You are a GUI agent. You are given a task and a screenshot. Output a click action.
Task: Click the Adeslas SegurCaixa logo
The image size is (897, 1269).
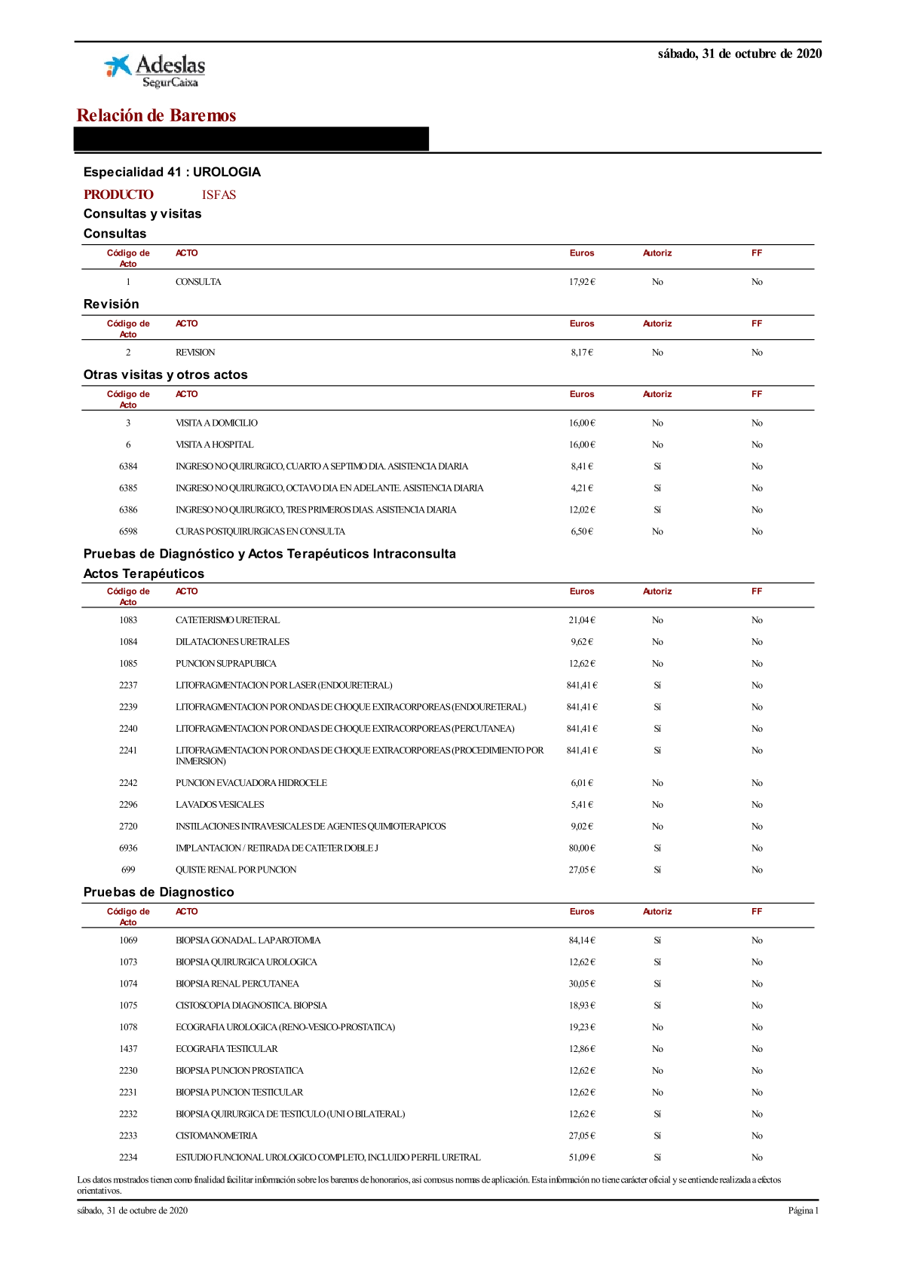(x=155, y=71)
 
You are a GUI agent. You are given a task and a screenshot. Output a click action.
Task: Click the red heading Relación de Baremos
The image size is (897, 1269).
(x=156, y=115)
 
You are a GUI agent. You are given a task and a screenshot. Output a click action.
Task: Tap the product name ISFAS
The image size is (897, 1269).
(x=219, y=194)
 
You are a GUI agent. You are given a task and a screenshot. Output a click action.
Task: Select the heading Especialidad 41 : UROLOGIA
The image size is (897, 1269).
(x=172, y=172)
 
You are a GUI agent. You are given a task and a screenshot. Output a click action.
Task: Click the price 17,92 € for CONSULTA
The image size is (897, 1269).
(x=582, y=282)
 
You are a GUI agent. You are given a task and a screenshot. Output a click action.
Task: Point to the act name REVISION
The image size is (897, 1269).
(x=195, y=352)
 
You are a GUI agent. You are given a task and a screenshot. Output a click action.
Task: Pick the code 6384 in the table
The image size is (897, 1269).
(x=128, y=466)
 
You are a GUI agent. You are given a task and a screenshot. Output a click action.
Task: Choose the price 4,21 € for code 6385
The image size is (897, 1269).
(x=582, y=488)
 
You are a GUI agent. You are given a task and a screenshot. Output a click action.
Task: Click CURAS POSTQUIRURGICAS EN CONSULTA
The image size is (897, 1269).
(x=260, y=531)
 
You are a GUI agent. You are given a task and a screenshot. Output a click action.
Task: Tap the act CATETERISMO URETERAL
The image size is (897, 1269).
(x=228, y=620)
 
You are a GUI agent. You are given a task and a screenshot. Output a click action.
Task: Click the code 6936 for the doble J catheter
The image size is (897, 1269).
(x=128, y=848)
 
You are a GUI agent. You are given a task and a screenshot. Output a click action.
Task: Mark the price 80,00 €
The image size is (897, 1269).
(x=582, y=848)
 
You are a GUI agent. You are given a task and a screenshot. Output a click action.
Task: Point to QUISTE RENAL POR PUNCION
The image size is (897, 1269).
(x=236, y=870)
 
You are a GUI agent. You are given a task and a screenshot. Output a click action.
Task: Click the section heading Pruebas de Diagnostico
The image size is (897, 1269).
(x=158, y=892)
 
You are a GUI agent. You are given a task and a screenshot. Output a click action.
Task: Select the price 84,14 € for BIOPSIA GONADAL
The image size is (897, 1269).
(x=582, y=940)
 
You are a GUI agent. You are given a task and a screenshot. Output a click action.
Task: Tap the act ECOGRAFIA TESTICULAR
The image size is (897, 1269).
(x=226, y=1049)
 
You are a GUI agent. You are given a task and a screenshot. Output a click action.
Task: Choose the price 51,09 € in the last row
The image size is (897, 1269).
(x=582, y=1157)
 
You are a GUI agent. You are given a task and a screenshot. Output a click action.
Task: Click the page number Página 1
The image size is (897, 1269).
(x=803, y=1211)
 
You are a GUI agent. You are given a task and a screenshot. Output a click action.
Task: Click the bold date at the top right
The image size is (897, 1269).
(x=739, y=54)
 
